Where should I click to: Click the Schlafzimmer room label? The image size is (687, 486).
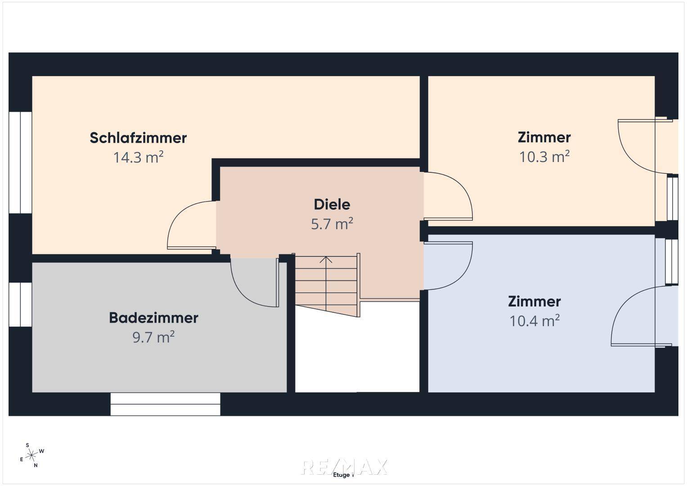click(x=138, y=138)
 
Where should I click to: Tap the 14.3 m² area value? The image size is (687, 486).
click(x=138, y=157)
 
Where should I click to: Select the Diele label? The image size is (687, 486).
click(x=332, y=204)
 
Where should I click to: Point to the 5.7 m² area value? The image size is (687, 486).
click(x=332, y=224)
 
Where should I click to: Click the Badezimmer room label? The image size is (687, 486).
click(x=153, y=318)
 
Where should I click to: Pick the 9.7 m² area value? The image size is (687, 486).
click(x=153, y=337)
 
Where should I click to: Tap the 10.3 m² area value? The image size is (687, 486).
click(x=544, y=157)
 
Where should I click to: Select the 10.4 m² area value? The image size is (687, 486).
click(x=534, y=321)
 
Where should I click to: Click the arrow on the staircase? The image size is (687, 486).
click(x=326, y=260)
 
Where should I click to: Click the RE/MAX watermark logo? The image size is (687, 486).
click(x=344, y=466)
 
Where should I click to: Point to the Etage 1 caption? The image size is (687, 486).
click(x=344, y=475)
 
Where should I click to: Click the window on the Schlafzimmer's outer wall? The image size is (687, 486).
click(x=20, y=162)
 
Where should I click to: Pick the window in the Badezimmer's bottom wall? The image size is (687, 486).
click(x=165, y=404)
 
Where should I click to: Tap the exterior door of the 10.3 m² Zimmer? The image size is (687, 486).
click(x=641, y=146)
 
